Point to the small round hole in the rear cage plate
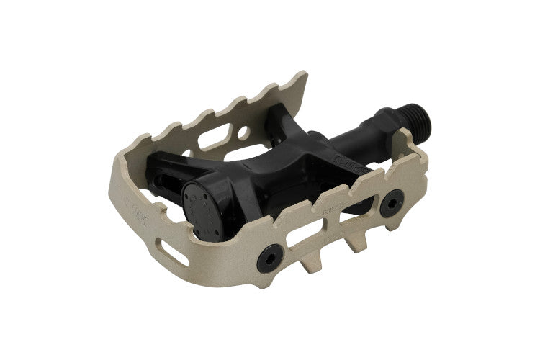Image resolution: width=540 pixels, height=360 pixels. tap(246, 132)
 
